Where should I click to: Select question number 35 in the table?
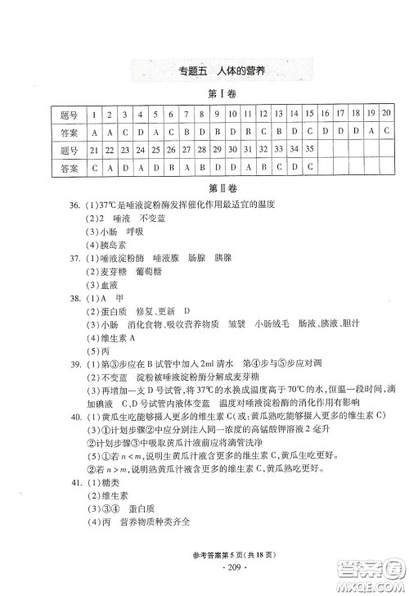click(308, 149)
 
